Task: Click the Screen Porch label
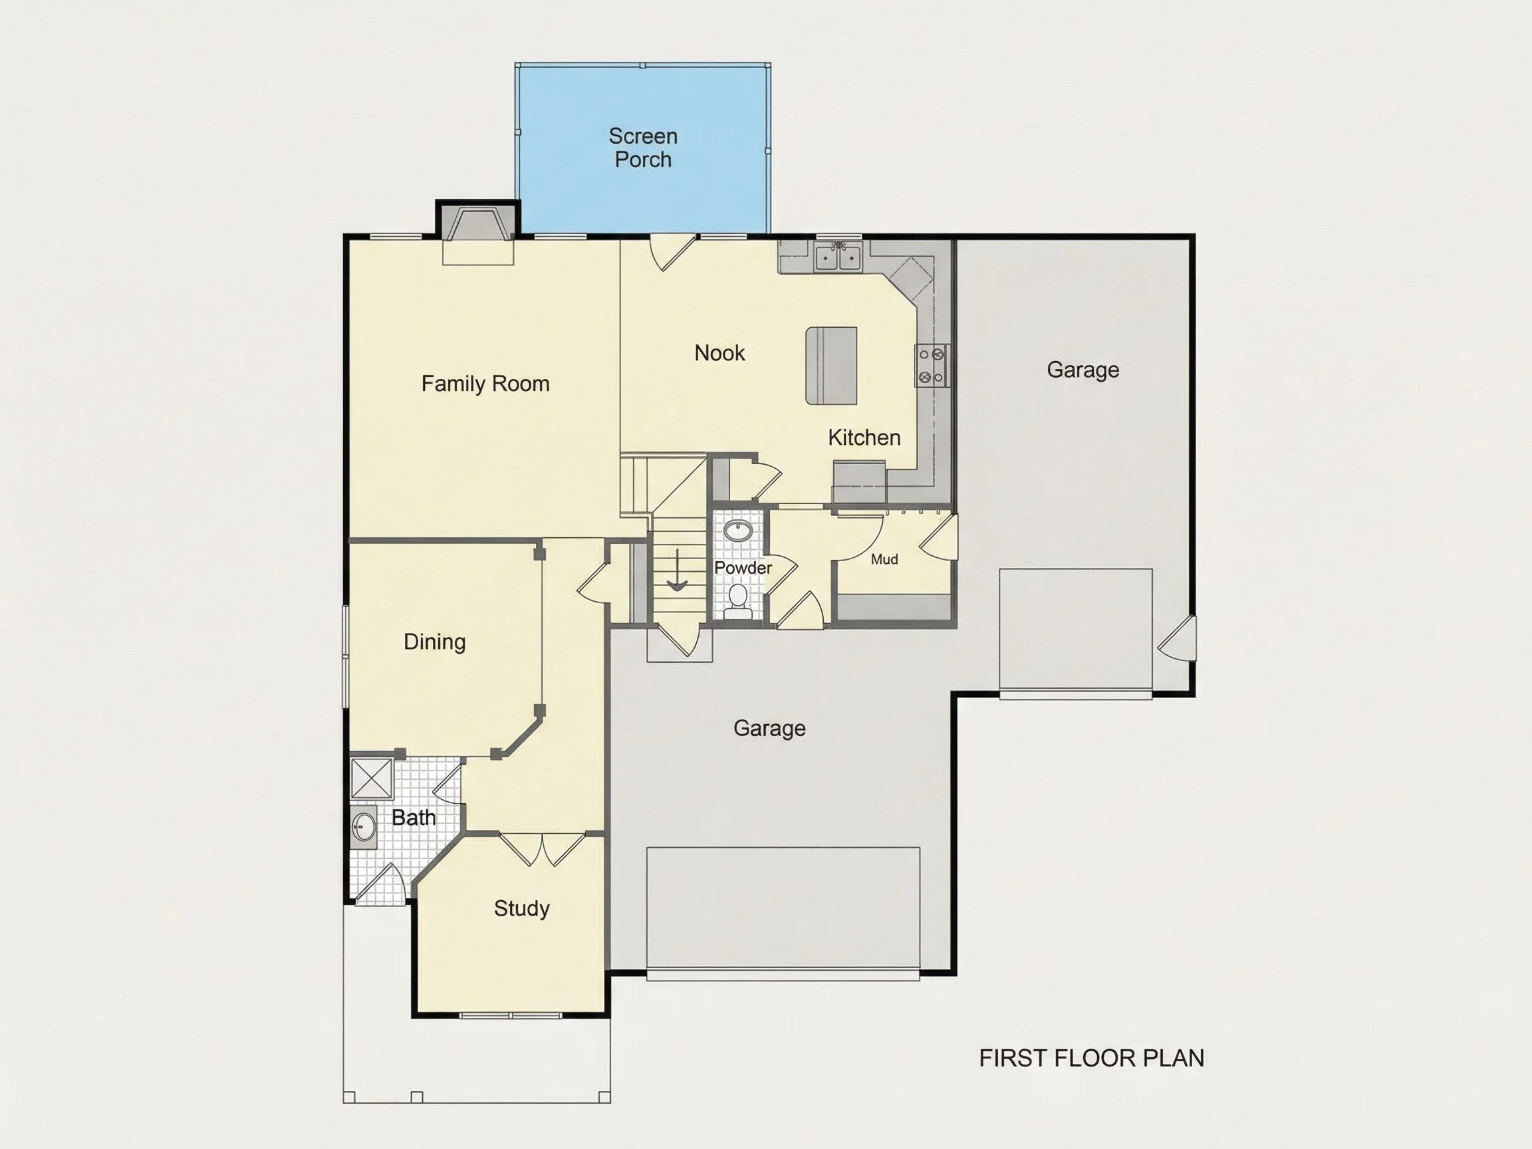pos(643,148)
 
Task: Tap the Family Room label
pos(485,384)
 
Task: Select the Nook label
pos(719,353)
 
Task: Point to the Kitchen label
pos(864,438)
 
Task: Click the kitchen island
pos(831,366)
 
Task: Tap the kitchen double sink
pos(838,257)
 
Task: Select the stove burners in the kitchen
pos(931,366)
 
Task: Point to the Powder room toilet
pos(738,601)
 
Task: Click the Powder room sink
pos(738,532)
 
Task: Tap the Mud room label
pos(884,559)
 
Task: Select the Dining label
pos(434,642)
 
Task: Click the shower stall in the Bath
pos(372,779)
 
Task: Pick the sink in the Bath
pos(364,827)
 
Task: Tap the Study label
pos(521,908)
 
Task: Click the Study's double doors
pos(543,849)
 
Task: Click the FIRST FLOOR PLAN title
pos(1092,1058)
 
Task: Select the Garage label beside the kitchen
pos(1083,370)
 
